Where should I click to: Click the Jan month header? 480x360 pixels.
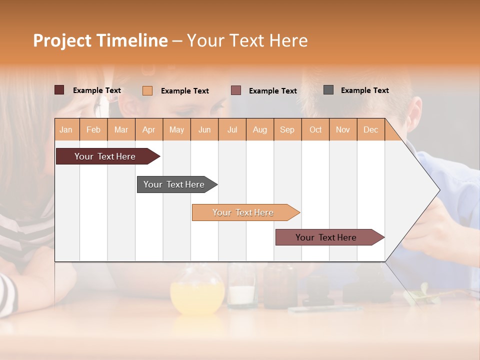(66, 129)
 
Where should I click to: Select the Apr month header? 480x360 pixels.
(149, 129)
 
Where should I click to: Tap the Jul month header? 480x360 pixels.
(232, 129)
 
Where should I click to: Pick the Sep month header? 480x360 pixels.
(287, 129)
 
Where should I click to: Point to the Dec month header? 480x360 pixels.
(370, 129)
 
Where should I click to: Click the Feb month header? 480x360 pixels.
(93, 129)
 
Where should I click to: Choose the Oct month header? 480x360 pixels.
(315, 129)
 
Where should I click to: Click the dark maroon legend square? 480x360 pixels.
(59, 90)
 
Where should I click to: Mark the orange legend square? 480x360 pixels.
(147, 90)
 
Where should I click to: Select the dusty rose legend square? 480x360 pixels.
(236, 90)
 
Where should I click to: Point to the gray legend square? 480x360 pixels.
(328, 90)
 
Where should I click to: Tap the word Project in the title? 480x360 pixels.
(62, 40)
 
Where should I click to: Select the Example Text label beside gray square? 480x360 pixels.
(364, 90)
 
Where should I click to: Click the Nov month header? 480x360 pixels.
(343, 129)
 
